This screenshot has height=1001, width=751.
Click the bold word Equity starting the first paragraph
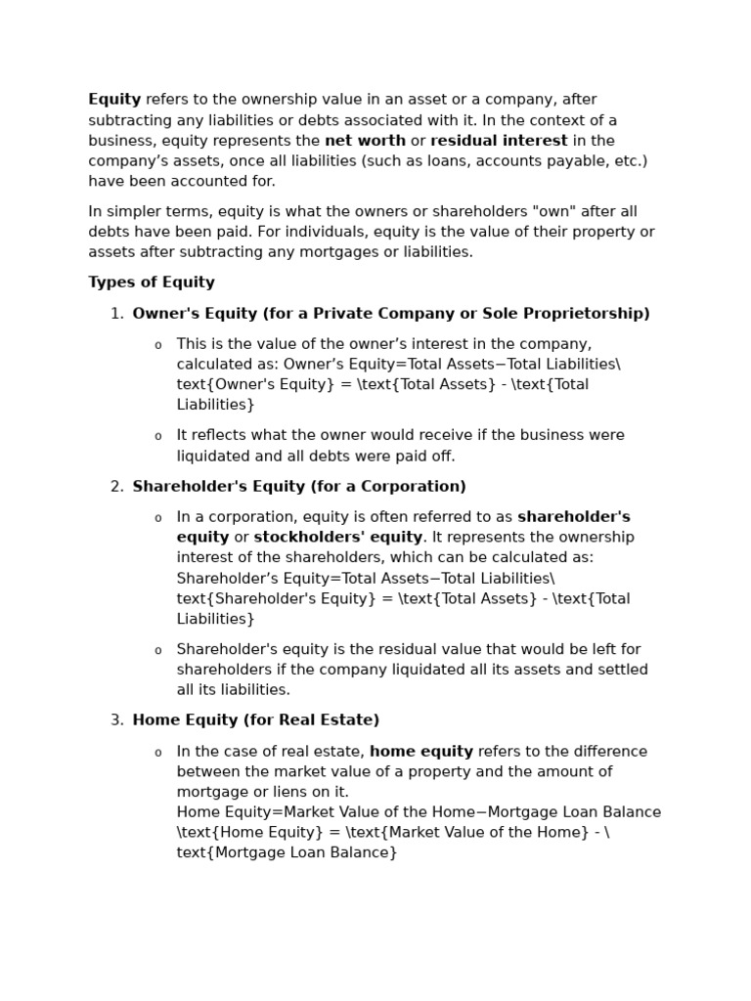tap(114, 100)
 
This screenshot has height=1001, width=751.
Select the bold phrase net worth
tap(365, 141)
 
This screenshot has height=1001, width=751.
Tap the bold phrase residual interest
tap(499, 141)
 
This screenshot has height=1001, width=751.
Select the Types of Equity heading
tap(152, 283)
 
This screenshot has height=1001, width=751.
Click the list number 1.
tap(115, 314)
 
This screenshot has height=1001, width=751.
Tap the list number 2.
tap(115, 487)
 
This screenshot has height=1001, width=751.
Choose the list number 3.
tap(115, 720)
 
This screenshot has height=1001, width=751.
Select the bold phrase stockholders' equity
tap(338, 538)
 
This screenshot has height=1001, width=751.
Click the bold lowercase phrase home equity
tap(421, 752)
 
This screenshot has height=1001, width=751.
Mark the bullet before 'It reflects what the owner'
tap(157, 437)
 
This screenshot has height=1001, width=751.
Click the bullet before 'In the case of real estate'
tap(157, 754)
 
